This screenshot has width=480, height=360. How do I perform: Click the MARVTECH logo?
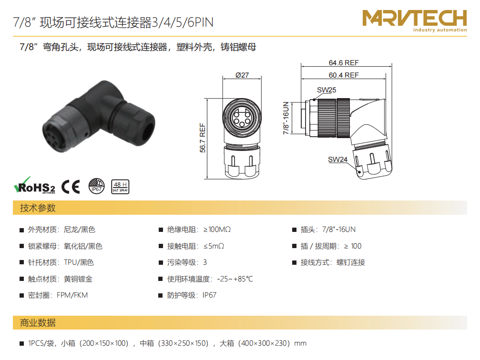point(415,20)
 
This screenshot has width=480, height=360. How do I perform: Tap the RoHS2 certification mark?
point(35,186)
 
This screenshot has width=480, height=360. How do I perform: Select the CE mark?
point(71,187)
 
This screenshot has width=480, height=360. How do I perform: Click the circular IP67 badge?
point(96,186)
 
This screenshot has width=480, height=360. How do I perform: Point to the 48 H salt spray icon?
point(120,187)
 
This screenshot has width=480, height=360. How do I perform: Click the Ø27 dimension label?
point(242,75)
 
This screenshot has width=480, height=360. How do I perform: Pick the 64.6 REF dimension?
point(344,63)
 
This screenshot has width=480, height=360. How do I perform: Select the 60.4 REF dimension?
point(344,75)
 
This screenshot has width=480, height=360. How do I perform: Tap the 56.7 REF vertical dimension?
point(203,138)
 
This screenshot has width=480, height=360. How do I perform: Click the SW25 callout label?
point(327,90)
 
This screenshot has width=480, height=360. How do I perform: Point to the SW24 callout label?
point(337,160)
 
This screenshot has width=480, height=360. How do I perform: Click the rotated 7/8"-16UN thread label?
point(286,118)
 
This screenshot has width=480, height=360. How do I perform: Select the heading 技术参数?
point(38,208)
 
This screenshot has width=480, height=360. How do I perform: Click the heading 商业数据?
point(38,323)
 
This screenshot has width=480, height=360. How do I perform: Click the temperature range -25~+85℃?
point(235,279)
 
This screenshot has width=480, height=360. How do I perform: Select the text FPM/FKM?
point(72,295)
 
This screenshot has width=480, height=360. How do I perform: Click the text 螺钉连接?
point(351,262)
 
